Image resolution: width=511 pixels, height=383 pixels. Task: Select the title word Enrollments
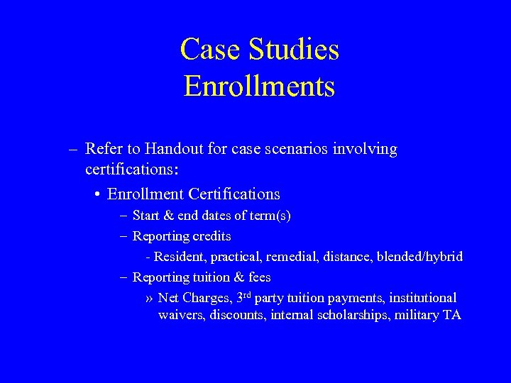[259, 87]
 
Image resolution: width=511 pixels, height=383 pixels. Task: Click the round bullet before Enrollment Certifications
[96, 194]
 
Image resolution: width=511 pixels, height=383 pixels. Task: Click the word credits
[211, 235]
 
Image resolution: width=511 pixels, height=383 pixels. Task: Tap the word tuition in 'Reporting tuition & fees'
[211, 277]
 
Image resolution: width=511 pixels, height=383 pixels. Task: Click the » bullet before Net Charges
[148, 298]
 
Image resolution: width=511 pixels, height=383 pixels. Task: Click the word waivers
[181, 315]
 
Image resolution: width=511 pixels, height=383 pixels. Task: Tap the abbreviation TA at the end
[452, 315]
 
